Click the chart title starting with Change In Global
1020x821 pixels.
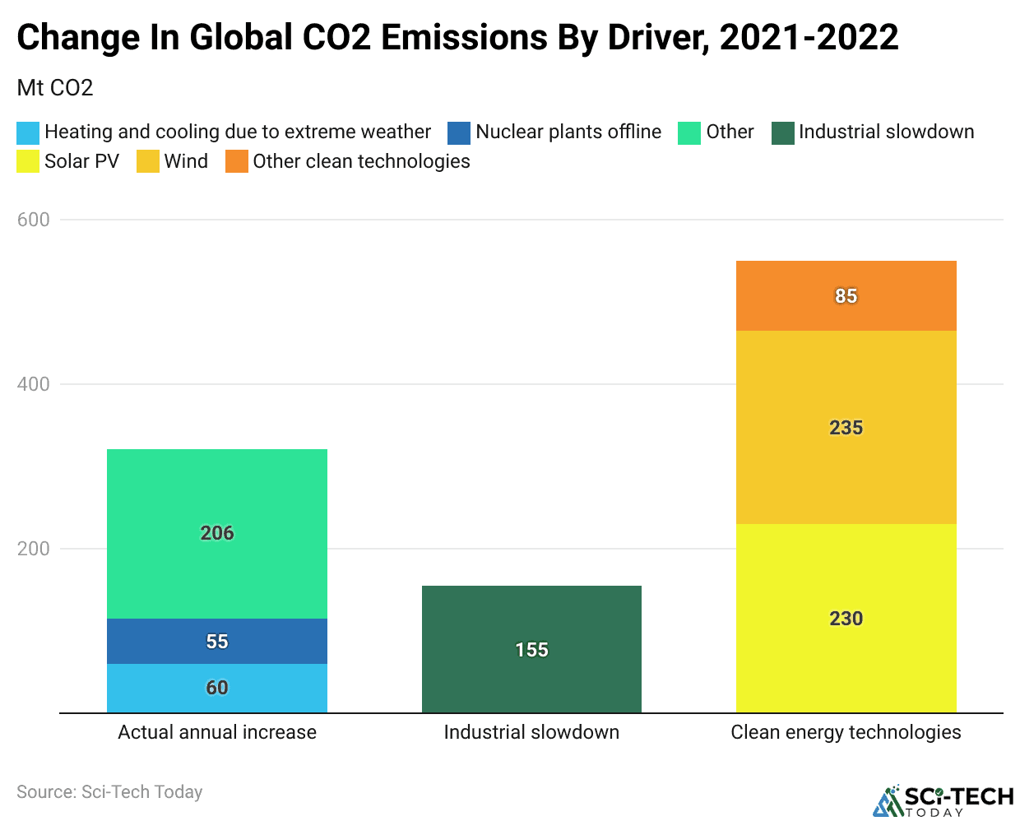pos(457,38)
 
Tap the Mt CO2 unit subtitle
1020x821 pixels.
pos(55,88)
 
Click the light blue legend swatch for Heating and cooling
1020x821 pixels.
pos(28,132)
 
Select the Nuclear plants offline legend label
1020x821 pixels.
pos(568,132)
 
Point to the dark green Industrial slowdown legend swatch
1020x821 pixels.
pos(782,132)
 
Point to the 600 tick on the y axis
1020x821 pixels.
pos(34,220)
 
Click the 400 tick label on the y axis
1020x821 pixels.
pos(34,384)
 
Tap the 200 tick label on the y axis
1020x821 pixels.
pos(34,549)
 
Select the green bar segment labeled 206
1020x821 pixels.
pos(217,533)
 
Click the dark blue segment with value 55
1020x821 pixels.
pos(217,641)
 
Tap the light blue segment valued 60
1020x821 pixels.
pos(217,688)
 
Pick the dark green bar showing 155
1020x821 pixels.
pos(531,649)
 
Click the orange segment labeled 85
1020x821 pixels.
pos(846,295)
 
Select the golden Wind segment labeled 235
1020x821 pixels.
pos(846,427)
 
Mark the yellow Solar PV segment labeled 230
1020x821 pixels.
pos(846,618)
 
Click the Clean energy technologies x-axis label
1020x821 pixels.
pos(846,732)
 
